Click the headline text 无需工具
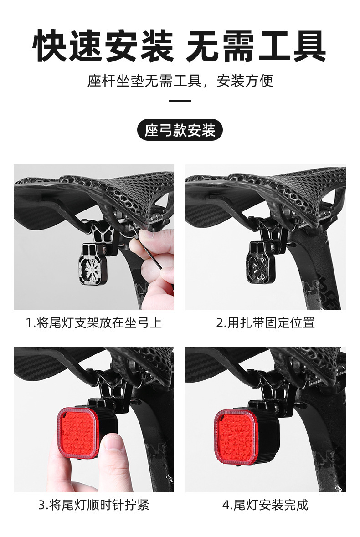256,46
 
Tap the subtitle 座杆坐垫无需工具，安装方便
180,81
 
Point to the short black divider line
180,101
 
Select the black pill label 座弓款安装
180,131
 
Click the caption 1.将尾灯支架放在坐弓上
93,323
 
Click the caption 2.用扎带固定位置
265,323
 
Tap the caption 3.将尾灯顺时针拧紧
93,505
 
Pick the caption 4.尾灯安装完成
265,505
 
